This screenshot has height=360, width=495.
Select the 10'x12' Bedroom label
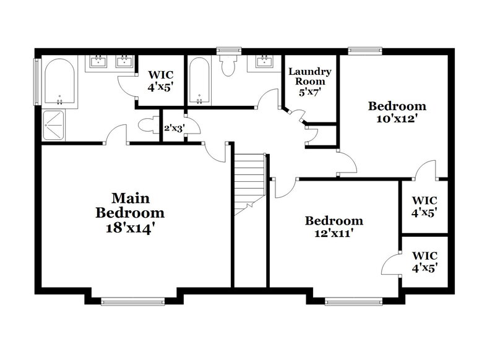tap(397, 112)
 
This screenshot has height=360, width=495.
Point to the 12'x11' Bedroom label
tap(334, 226)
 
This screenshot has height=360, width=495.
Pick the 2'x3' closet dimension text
tap(173, 129)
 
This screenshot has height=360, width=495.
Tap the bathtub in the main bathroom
tap(60, 82)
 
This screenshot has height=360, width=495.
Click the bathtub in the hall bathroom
tap(199, 82)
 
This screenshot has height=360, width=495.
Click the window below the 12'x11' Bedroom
tap(350, 302)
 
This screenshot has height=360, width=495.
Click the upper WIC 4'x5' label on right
tap(424, 206)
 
